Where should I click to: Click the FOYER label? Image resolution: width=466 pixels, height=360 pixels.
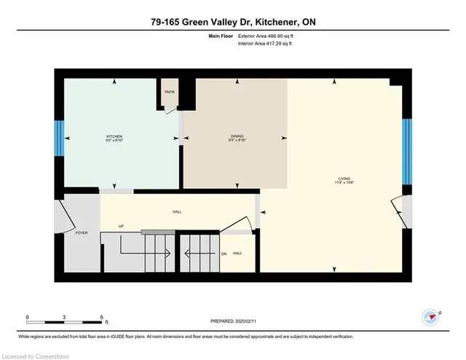[81, 232]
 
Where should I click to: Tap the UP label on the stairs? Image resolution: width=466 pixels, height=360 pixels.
[121, 227]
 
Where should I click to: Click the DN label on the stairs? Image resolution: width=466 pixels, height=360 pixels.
[224, 254]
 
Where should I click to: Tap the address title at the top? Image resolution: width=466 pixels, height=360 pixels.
[232, 21]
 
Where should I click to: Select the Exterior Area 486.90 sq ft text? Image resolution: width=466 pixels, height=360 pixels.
[269, 35]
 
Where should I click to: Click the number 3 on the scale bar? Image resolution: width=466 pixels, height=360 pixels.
[65, 317]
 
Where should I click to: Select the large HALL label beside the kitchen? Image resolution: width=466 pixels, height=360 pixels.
[177, 212]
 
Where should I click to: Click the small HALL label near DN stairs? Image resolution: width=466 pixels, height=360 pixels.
[237, 253]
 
